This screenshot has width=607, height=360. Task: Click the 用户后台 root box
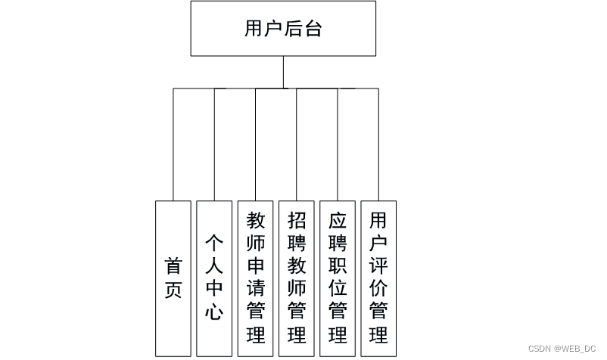click(283, 29)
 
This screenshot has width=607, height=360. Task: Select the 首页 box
click(173, 278)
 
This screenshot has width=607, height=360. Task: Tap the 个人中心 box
click(214, 278)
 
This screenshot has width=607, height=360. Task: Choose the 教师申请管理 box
click(256, 278)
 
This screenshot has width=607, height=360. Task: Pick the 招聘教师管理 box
click(297, 278)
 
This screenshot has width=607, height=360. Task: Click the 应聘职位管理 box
click(338, 278)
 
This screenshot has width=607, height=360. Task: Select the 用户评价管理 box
click(378, 278)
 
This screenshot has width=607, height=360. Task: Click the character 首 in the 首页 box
click(173, 266)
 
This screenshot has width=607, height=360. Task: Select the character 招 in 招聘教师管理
click(297, 220)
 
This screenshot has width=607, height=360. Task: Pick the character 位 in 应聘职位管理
click(338, 287)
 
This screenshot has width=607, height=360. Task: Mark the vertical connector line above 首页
click(173, 144)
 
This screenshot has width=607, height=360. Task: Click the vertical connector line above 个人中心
click(214, 144)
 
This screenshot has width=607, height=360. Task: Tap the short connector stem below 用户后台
click(283, 72)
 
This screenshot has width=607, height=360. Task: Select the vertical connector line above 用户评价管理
click(378, 144)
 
